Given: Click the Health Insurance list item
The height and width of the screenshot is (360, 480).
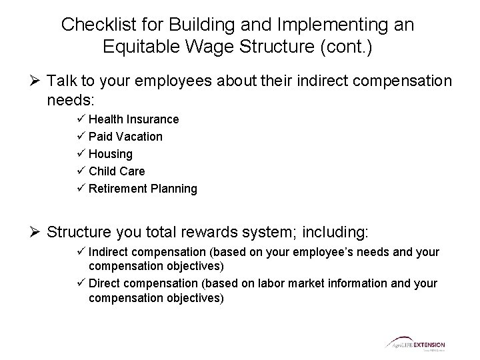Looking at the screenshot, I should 133,119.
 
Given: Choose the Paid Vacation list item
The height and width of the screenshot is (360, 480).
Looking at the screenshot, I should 125,137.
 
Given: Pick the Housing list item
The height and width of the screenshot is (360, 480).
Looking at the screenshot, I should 111,154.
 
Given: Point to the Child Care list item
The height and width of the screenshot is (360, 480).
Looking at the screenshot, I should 117,171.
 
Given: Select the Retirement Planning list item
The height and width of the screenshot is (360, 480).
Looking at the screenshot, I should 143,189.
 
